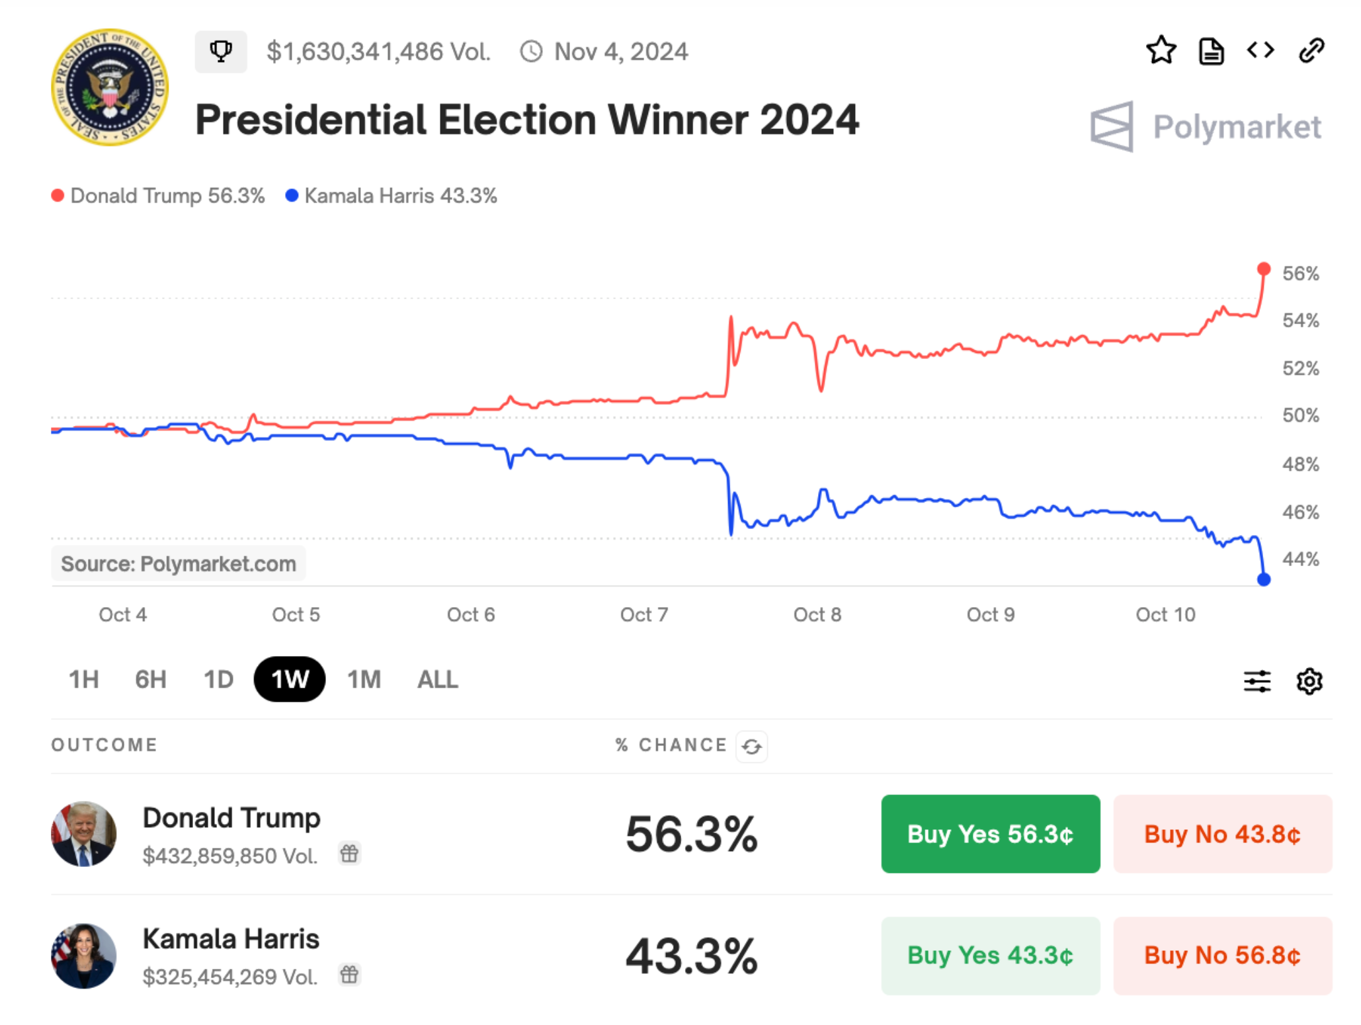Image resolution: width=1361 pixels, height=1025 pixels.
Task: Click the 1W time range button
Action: [x=289, y=679]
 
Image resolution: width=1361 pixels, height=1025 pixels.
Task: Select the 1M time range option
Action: [x=364, y=679]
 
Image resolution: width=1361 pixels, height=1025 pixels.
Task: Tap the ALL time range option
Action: [x=437, y=679]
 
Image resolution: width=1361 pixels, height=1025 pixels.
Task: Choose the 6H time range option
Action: [x=151, y=679]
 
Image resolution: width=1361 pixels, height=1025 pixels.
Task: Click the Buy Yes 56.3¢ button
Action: [x=990, y=834]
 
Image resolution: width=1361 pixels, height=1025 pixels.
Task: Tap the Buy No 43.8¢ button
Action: [x=1222, y=834]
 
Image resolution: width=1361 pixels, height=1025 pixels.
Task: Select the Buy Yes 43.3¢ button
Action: [x=990, y=956]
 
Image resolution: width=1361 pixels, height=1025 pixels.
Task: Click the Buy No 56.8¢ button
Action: [x=1222, y=956]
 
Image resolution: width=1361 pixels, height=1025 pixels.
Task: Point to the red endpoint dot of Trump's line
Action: [x=1263, y=268]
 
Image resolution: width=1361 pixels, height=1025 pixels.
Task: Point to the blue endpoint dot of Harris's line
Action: [x=1263, y=579]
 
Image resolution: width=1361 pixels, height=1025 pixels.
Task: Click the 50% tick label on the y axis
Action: [x=1300, y=415]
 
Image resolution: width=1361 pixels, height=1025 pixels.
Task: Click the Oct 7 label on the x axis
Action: [x=643, y=614]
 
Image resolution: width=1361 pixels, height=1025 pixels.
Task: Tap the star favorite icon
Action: [x=1161, y=50]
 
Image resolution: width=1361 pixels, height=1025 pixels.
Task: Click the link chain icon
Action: [x=1311, y=50]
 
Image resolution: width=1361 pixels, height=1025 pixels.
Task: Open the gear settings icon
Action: [x=1309, y=680]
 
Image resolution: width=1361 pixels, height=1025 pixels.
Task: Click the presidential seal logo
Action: [x=110, y=87]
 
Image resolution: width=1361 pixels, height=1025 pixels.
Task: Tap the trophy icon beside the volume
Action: [x=221, y=51]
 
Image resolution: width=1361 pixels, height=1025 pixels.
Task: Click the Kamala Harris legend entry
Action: [x=392, y=196]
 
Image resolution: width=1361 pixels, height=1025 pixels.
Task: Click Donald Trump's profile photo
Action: [x=84, y=834]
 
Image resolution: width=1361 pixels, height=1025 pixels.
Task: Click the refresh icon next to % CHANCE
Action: [x=751, y=746]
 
